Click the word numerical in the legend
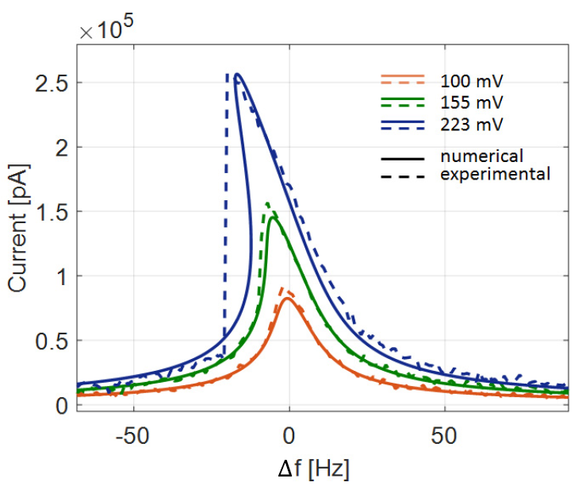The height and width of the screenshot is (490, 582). pos(483,156)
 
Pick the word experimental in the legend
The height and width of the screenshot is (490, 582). pos(495,173)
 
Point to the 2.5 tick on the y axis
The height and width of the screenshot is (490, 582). pos(52,83)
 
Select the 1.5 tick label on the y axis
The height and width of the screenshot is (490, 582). pos(52,212)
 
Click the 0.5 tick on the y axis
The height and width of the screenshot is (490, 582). pos(52,341)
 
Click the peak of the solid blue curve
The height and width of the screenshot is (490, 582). pos(236,75)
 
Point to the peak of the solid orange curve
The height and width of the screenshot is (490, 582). pos(287,299)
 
